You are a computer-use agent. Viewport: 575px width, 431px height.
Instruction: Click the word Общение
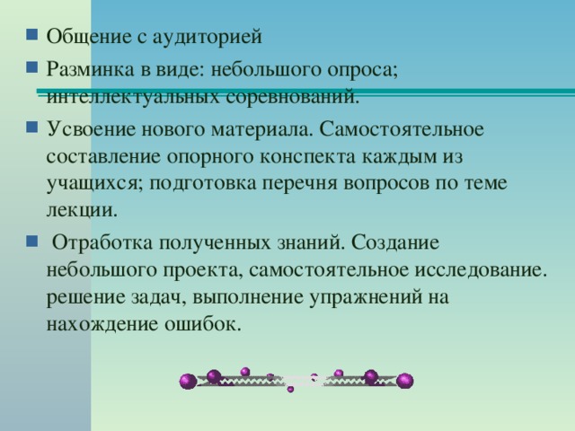[x=89, y=37]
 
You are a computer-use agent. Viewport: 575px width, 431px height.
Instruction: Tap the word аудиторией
[x=207, y=37]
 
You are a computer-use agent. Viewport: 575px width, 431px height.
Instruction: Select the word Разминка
[x=90, y=69]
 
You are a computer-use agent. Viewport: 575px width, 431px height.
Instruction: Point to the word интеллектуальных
[x=133, y=98]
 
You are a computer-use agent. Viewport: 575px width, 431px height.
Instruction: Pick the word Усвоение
[x=91, y=129]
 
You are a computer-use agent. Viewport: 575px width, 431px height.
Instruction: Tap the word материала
[x=261, y=129]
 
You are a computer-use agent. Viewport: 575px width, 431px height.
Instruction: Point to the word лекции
[x=82, y=210]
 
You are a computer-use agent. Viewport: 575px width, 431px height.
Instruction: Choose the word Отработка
[x=102, y=242]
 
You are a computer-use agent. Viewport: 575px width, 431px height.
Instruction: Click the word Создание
[x=395, y=242]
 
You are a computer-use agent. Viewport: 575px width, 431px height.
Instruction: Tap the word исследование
[x=481, y=270]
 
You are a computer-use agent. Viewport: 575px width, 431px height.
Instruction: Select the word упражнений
[x=366, y=297]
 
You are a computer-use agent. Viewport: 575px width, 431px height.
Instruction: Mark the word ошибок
[x=203, y=324]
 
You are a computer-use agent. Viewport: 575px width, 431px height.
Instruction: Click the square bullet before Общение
[x=32, y=34]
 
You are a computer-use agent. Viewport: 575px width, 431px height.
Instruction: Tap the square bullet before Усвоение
[x=32, y=127]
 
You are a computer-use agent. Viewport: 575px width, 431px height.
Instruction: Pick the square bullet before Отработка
[x=32, y=241]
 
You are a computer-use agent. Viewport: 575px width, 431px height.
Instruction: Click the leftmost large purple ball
[x=188, y=382]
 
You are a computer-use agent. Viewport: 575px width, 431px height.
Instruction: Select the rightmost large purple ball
[x=405, y=381]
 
